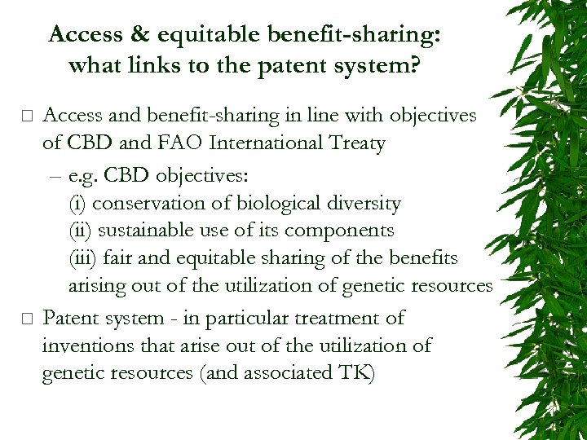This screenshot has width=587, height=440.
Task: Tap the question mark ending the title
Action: (x=414, y=65)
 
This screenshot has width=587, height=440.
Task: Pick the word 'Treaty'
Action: (x=355, y=144)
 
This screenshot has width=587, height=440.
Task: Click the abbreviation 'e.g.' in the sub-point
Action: (x=86, y=174)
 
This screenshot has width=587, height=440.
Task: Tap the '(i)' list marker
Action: (x=77, y=203)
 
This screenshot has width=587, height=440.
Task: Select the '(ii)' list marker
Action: (x=80, y=231)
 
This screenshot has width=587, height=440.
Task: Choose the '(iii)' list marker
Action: (x=83, y=258)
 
